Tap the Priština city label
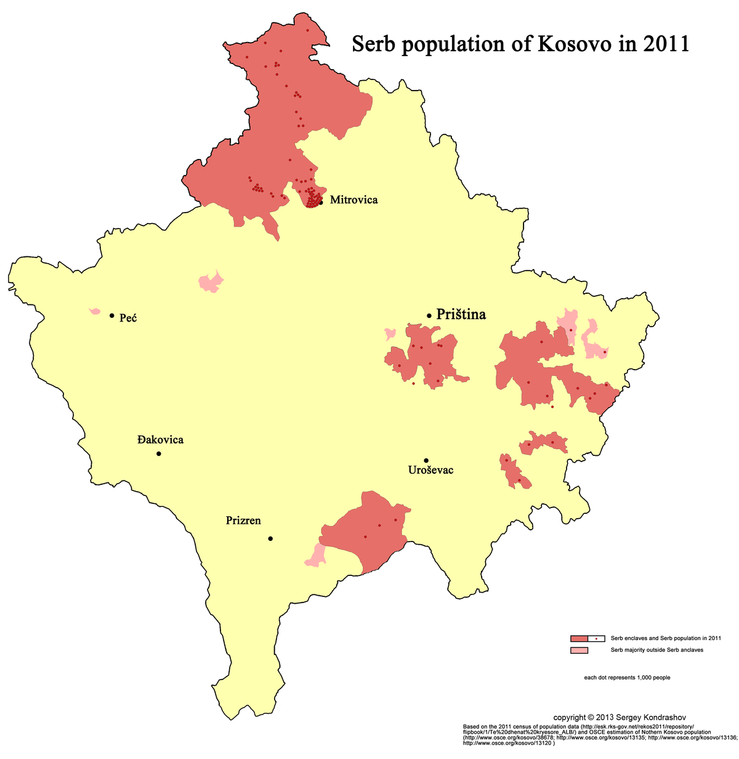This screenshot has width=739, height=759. click(x=461, y=314)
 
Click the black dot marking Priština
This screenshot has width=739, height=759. click(x=429, y=315)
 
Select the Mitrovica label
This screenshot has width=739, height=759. click(x=353, y=200)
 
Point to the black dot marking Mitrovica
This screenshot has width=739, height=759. click(x=321, y=202)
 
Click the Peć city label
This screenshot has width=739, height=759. click(x=128, y=318)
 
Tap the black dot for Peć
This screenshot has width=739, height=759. click(x=111, y=315)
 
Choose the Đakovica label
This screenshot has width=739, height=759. click(x=160, y=440)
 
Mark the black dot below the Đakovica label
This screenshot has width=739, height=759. click(x=159, y=454)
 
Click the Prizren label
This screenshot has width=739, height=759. click(x=243, y=521)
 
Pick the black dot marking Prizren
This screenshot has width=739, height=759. click(x=270, y=538)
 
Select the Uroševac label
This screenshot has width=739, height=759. click(x=430, y=470)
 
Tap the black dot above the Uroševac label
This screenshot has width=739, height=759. click(x=426, y=460)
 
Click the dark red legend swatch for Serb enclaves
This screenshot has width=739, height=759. click(x=579, y=638)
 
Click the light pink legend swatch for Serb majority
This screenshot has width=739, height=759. click(x=579, y=650)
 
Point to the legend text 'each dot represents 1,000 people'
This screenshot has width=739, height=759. click(x=627, y=678)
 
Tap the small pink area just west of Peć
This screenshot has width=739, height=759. click(x=95, y=311)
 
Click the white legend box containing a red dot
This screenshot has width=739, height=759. click(x=597, y=638)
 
